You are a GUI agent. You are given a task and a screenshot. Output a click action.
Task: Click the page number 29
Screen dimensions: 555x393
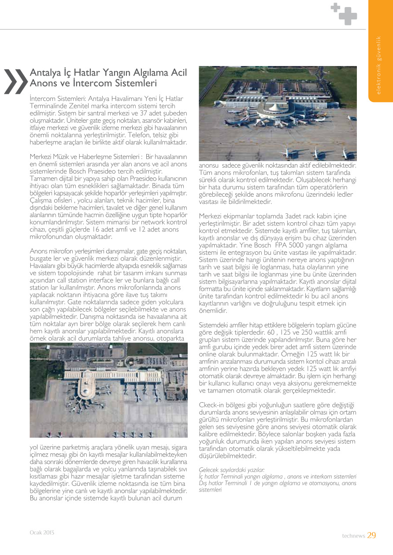point(371,535)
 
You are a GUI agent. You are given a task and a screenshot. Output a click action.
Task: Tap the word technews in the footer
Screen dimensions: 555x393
point(353,536)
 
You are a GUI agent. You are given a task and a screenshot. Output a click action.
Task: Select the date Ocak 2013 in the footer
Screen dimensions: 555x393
point(42,532)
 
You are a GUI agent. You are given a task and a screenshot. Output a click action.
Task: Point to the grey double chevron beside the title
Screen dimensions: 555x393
point(15,81)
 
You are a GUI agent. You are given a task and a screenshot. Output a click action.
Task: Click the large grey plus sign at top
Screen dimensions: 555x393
point(348,16)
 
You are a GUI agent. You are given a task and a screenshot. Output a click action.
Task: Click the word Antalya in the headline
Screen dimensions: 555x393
point(45,73)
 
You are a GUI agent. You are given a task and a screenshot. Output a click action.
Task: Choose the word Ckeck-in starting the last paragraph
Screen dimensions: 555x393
point(212,404)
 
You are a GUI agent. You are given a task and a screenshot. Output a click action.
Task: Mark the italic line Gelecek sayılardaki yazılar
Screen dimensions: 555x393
point(232,470)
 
